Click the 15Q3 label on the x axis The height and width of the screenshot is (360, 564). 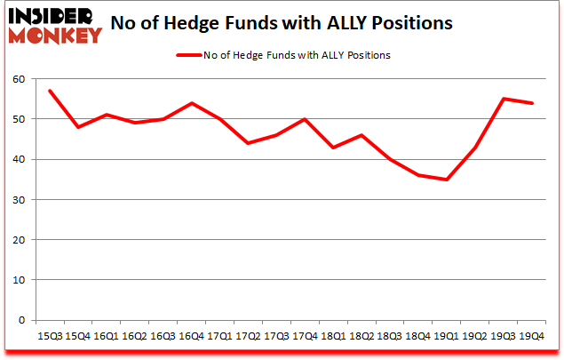coord(49,337)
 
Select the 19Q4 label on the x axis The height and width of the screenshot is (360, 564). coord(531,337)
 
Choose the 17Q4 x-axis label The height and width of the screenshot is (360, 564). coord(305,337)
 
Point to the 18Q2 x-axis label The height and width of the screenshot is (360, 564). coord(361,337)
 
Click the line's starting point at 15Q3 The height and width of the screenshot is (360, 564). coord(50,91)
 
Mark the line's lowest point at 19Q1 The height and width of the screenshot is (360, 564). coord(446,180)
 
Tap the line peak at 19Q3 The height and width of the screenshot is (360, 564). coord(503,99)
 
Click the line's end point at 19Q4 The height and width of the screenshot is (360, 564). coord(531,103)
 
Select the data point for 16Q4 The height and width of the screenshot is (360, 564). coord(191,103)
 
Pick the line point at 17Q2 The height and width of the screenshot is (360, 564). coord(248,143)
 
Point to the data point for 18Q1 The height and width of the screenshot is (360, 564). coord(333,148)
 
